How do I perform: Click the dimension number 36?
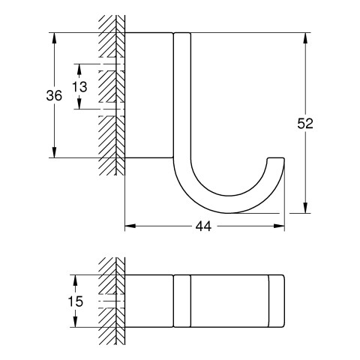(54, 96)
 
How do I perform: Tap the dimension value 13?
(79, 87)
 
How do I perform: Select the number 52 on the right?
(305, 124)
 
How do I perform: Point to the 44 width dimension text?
(203, 226)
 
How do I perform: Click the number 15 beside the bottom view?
(76, 301)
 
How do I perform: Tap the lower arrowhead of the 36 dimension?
(54, 152)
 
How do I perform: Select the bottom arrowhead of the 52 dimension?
(305, 208)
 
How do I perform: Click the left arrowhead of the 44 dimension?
(130, 226)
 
